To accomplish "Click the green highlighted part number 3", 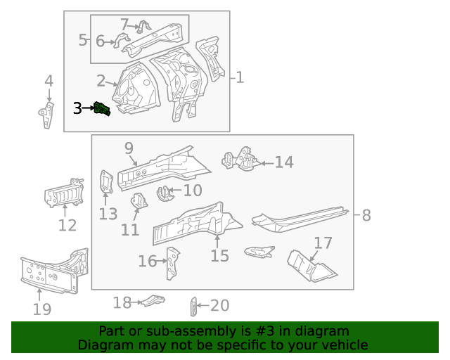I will pyautogui.click(x=103, y=110).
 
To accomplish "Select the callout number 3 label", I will pyautogui.click(x=77, y=108).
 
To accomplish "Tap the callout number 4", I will pyautogui.click(x=49, y=80).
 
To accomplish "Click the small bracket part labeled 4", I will pyautogui.click(x=47, y=115).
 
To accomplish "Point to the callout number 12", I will pyautogui.click(x=67, y=226).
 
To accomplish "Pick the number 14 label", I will pyautogui.click(x=283, y=162).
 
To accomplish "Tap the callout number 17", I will pyautogui.click(x=323, y=243).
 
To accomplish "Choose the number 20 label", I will pyautogui.click(x=219, y=305).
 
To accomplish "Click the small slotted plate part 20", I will pyautogui.click(x=193, y=307).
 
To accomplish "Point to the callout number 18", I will pyautogui.click(x=122, y=302).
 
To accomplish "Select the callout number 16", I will pyautogui.click(x=148, y=262).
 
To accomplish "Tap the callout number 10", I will pyautogui.click(x=192, y=190).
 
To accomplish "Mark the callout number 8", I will pyautogui.click(x=366, y=216).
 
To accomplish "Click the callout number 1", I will pyautogui.click(x=240, y=77).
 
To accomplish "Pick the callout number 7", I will pyautogui.click(x=124, y=25).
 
